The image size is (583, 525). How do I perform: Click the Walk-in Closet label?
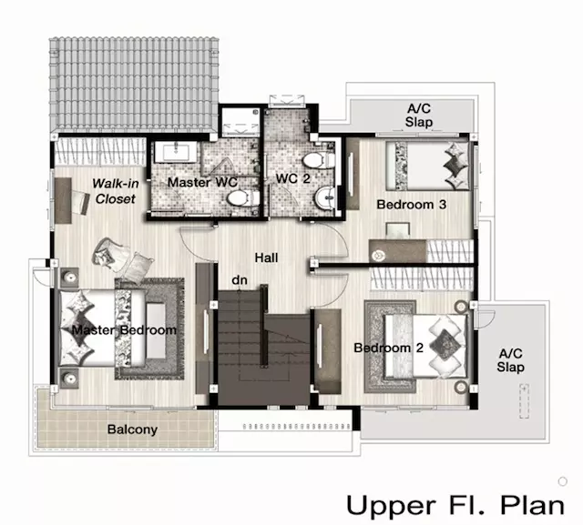click(x=116, y=191)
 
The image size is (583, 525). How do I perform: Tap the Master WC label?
click(x=202, y=182)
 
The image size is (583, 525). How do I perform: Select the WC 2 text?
click(x=292, y=178)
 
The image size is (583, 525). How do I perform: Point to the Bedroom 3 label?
click(x=411, y=204)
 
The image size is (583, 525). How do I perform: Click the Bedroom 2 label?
click(x=389, y=348)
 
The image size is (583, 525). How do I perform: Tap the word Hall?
click(x=266, y=257)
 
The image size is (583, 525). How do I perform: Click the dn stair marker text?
click(x=239, y=280)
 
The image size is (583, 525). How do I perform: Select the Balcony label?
click(x=132, y=429)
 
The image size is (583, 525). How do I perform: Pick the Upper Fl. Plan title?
click(x=455, y=506)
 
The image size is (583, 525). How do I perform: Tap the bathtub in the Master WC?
click(x=176, y=151)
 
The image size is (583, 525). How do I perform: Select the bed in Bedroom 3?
click(x=427, y=166)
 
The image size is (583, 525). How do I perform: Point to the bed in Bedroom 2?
click(x=425, y=346)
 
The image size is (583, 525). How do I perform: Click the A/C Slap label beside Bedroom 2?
click(x=510, y=360)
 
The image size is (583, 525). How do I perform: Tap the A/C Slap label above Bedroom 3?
click(x=419, y=115)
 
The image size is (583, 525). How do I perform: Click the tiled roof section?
click(x=134, y=85)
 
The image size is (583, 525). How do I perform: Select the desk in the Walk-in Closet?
click(x=63, y=200)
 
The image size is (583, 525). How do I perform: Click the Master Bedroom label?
click(x=124, y=330)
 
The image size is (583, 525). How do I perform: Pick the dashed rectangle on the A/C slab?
click(x=524, y=401)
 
